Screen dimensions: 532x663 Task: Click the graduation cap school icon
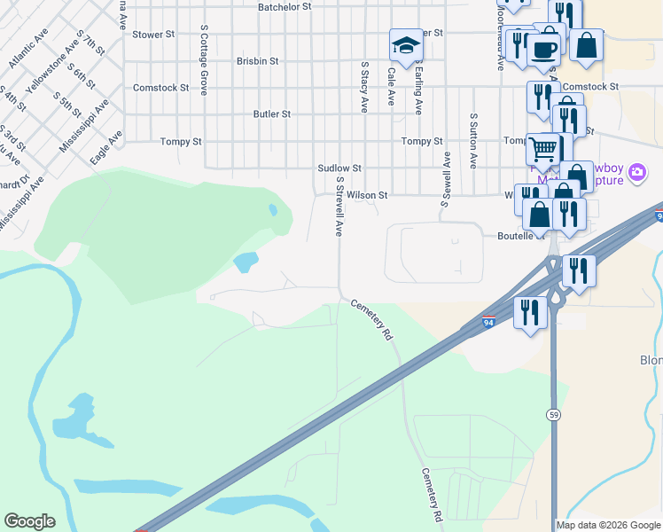[405, 45]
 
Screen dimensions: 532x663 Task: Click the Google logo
[29, 521]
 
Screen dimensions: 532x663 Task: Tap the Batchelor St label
[285, 6]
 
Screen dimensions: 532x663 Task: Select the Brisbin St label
[258, 61]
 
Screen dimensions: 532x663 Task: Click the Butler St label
[272, 114]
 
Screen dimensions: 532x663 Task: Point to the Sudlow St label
[339, 168]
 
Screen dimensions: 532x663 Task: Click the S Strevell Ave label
[339, 205]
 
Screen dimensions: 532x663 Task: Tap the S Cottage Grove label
[204, 60]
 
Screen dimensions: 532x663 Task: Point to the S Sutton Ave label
[474, 141]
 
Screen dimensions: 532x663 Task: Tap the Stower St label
[147, 35]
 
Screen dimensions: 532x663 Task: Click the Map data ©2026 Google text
[608, 525]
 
